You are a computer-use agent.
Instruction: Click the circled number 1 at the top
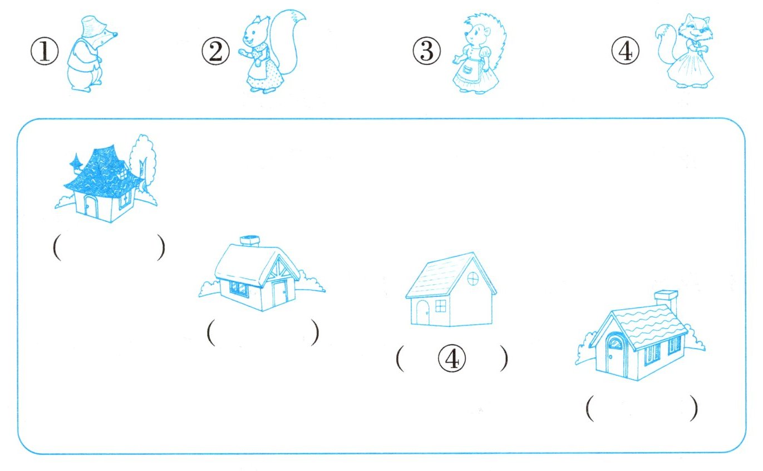[45, 51]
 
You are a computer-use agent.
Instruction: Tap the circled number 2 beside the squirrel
[215, 51]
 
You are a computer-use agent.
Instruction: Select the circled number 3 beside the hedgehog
[426, 51]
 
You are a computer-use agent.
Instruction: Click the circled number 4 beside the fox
[625, 51]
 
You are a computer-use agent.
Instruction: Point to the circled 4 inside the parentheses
[452, 358]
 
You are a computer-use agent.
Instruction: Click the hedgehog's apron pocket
[467, 70]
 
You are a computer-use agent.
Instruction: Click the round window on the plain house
[473, 279]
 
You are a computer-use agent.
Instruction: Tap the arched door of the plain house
[423, 312]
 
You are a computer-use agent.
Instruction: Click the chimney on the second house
[250, 241]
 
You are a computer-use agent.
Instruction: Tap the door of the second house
[280, 294]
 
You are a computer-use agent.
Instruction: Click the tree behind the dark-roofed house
[143, 160]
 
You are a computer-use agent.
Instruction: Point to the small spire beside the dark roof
[76, 163]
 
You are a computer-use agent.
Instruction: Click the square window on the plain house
[440, 306]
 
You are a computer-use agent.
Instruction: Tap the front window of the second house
[239, 288]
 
